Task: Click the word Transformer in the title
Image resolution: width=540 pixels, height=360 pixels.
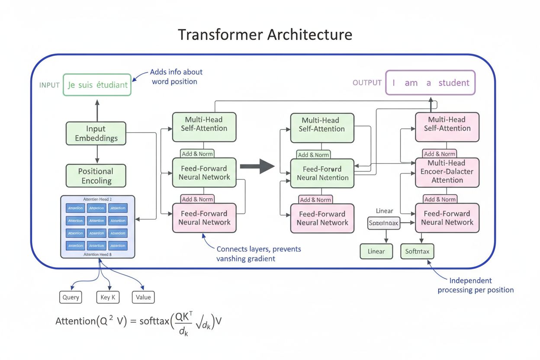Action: coord(220,34)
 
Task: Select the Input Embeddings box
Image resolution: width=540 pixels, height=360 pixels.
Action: coord(96,133)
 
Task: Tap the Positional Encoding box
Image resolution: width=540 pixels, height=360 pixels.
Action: coord(96,176)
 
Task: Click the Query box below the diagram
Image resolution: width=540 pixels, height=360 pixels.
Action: coord(71,297)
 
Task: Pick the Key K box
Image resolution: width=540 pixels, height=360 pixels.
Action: coord(107,297)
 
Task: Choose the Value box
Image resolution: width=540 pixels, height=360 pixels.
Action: coord(143,297)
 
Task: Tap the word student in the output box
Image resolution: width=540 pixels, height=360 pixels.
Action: coord(454,83)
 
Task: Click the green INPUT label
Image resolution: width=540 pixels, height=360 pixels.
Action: coord(49,85)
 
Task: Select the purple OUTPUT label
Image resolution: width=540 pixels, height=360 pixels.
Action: coord(367,83)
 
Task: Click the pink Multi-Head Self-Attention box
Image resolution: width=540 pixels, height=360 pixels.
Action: coord(447,127)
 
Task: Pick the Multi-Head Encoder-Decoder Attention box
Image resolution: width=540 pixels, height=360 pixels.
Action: coord(447,172)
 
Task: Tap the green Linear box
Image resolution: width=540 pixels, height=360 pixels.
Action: coord(376,251)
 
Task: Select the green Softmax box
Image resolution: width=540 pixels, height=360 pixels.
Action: coord(418,251)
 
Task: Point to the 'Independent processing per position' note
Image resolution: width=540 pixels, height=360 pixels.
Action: coord(476,285)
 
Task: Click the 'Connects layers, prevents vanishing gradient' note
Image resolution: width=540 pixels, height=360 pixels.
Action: coord(258,254)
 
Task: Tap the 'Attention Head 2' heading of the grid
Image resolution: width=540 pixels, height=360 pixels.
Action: coord(97,199)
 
